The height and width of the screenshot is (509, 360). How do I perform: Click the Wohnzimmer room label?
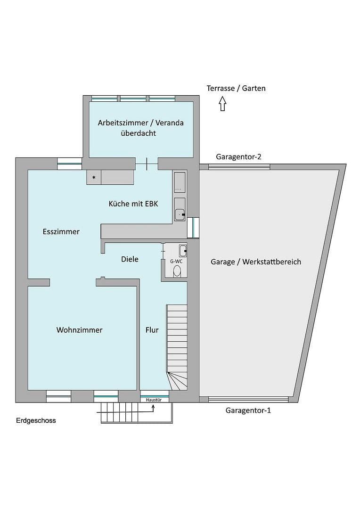[79, 330]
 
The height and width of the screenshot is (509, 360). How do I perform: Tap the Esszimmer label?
[61, 231]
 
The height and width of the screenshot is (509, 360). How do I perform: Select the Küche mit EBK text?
[133, 204]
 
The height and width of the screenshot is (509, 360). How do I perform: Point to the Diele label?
[130, 259]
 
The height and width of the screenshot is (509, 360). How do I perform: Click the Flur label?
[152, 330]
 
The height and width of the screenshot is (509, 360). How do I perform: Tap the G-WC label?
[176, 261]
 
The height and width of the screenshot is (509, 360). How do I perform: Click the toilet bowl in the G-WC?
[177, 271]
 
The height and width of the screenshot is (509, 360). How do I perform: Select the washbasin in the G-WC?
[182, 251]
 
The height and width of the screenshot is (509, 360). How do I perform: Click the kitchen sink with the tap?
[180, 209]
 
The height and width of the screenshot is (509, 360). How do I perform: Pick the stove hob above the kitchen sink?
[180, 182]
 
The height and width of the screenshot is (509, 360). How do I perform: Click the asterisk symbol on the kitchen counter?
[94, 178]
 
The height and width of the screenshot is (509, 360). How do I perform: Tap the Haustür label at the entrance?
[154, 400]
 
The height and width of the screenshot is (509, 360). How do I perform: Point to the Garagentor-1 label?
[248, 410]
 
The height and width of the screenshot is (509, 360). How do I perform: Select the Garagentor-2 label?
[238, 157]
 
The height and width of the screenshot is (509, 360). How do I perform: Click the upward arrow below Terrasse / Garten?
[222, 103]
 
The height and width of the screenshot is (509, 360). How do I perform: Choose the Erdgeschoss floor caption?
[36, 420]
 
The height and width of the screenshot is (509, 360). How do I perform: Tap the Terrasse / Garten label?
[236, 88]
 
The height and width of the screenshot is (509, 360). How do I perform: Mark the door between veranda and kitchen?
[147, 164]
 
